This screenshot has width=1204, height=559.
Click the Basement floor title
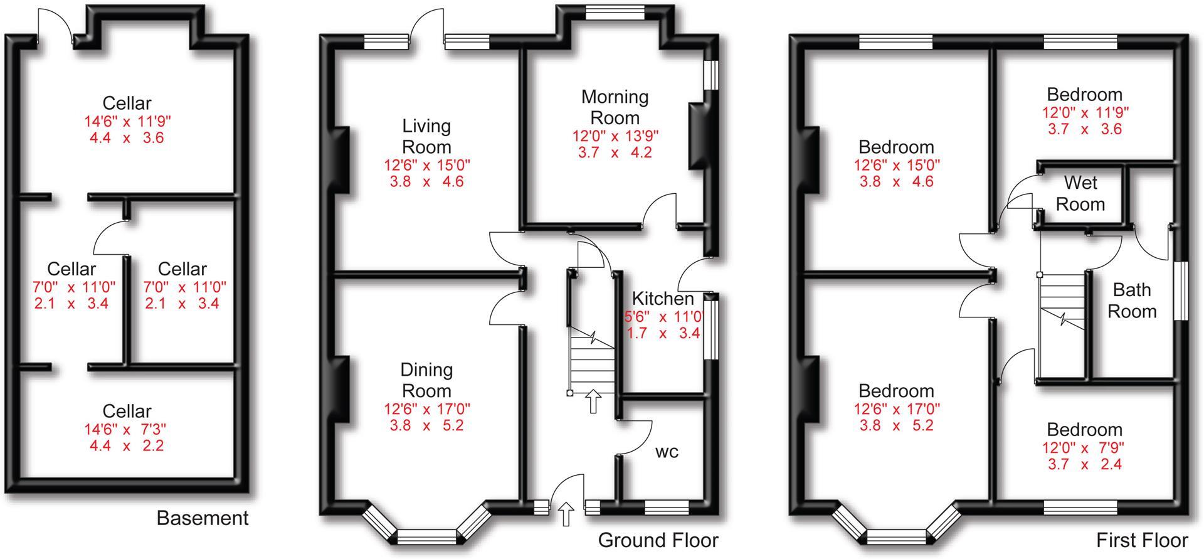(202, 518)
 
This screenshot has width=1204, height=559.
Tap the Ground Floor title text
(658, 540)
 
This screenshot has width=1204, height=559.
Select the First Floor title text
(1141, 540)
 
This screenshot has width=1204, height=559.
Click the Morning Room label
(615, 107)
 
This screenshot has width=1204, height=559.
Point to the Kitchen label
(662, 299)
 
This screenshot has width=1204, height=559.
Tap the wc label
(667, 452)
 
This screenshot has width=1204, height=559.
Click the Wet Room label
(1080, 193)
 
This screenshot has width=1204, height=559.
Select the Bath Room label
(1131, 301)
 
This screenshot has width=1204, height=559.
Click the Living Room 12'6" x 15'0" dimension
(426, 165)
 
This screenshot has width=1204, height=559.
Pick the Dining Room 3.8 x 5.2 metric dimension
(426, 425)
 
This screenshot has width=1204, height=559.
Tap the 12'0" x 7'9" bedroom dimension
(1084, 447)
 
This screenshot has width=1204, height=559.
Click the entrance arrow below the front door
(566, 514)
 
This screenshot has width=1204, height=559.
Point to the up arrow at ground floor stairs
(593, 402)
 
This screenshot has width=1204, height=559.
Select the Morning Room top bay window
(615, 12)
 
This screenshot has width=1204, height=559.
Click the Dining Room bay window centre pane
(426, 536)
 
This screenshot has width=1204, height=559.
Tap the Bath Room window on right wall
(1181, 292)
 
